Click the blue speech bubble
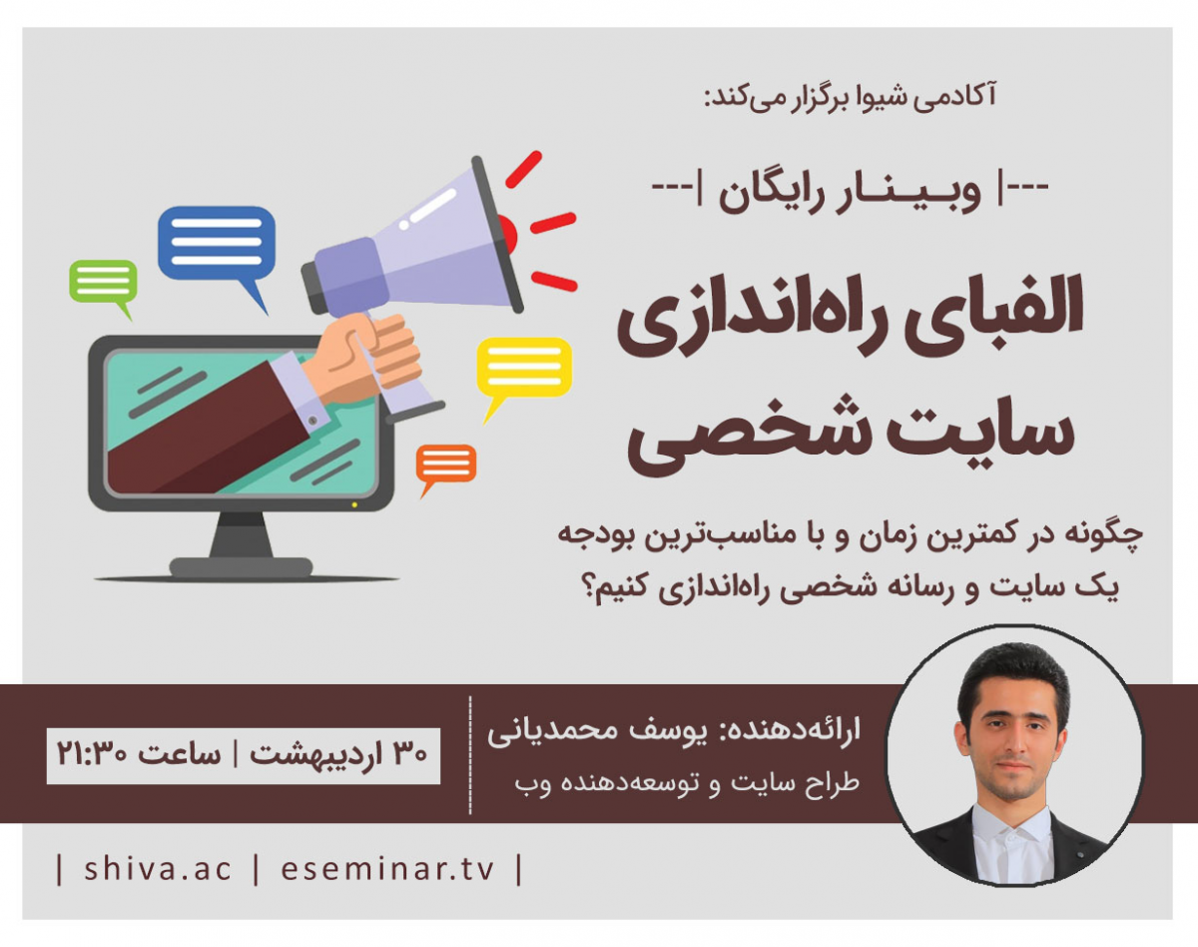point(216,243)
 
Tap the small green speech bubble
point(102,281)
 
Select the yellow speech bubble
point(523,367)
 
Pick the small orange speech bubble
point(445,464)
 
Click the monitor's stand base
point(243,566)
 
